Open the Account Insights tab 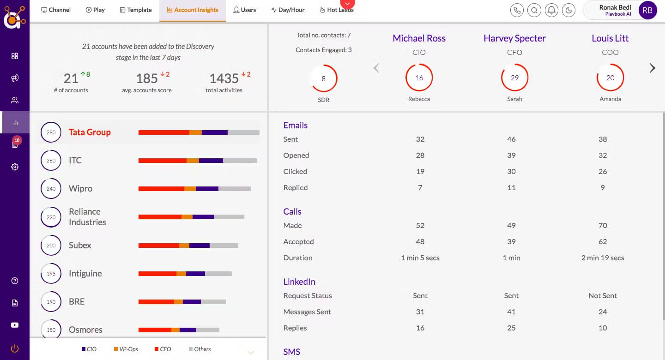click(193, 10)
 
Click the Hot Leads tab click(337, 10)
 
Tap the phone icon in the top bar click(517, 11)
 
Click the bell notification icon click(551, 11)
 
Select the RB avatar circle click(647, 11)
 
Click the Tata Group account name click(90, 132)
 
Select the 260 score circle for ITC click(51, 160)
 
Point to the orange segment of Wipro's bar click(190, 189)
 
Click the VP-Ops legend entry click(126, 349)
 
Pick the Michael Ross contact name click(419, 38)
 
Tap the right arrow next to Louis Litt click(652, 68)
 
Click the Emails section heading click(296, 125)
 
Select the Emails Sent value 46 click(511, 139)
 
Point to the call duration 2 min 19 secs click(603, 258)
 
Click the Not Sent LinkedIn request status click(603, 295)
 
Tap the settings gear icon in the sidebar click(15, 167)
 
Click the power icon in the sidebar click(15, 348)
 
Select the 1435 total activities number click(224, 78)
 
